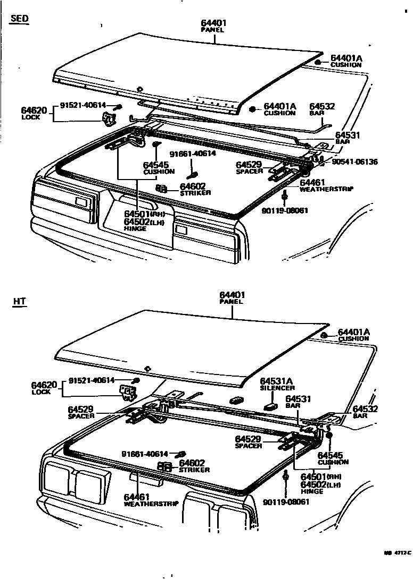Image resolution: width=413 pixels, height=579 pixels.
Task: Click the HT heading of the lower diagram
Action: tap(20, 302)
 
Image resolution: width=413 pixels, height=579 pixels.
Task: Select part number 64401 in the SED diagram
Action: tap(214, 23)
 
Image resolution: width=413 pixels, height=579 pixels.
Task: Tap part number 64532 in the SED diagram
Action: tap(322, 106)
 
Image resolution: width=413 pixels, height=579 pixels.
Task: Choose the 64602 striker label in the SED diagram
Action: tap(192, 186)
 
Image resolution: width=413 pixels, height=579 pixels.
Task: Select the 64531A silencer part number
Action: tap(276, 381)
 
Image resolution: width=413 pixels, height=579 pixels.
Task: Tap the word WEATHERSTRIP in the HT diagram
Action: tap(151, 504)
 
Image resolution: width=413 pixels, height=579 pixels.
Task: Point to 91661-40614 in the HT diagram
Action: tap(144, 454)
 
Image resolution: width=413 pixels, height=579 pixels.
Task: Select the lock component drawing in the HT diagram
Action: tap(128, 393)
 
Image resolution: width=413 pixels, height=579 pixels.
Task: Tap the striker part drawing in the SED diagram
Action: tap(162, 189)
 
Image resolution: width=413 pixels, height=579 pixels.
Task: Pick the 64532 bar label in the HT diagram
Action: tap(365, 408)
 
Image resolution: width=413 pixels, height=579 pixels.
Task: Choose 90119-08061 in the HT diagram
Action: tap(286, 501)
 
